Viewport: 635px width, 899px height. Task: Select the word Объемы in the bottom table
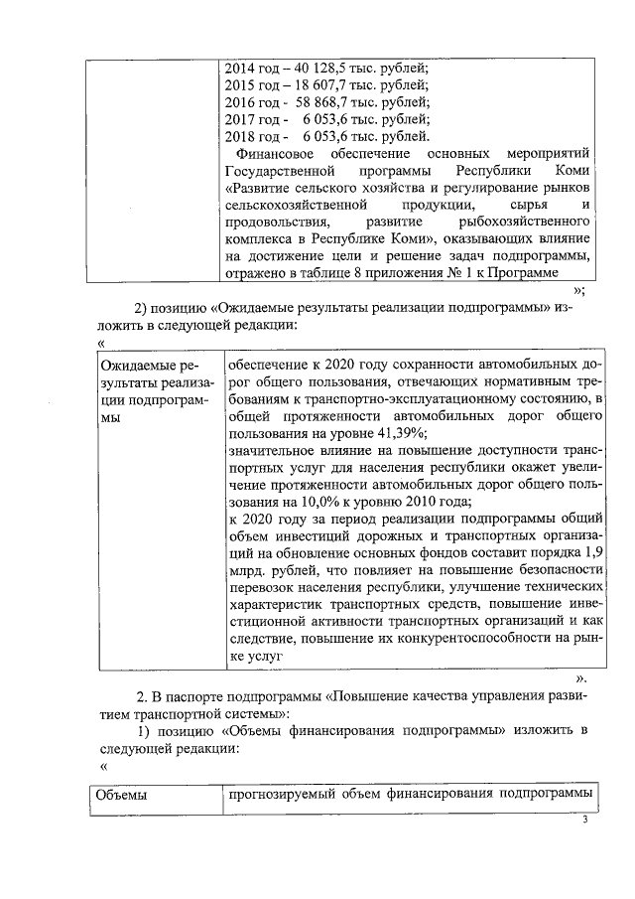121,795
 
